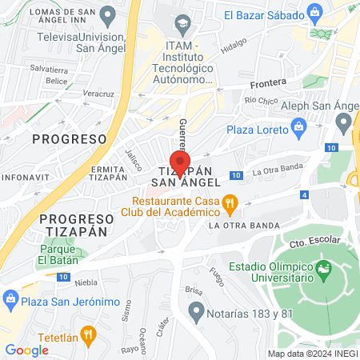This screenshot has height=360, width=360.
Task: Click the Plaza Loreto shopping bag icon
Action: pos(299,125)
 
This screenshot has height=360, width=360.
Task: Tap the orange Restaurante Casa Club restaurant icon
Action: pos(230,205)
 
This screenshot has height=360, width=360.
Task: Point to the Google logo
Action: pos(26,350)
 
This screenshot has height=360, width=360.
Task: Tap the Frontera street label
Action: pos(267,82)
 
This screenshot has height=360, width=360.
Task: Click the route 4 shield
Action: pos(304,194)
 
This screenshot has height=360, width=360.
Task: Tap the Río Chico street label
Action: pos(261,101)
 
